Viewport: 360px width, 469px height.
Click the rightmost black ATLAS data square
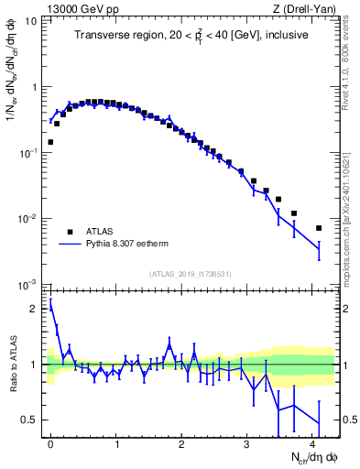click(x=319, y=228)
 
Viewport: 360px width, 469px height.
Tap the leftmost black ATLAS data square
click(x=50, y=142)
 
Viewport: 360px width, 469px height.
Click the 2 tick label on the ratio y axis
click(x=35, y=309)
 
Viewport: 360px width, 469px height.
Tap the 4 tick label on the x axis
click(x=314, y=443)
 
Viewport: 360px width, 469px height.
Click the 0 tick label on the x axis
click(x=51, y=443)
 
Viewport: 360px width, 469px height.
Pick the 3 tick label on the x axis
click(x=248, y=443)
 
